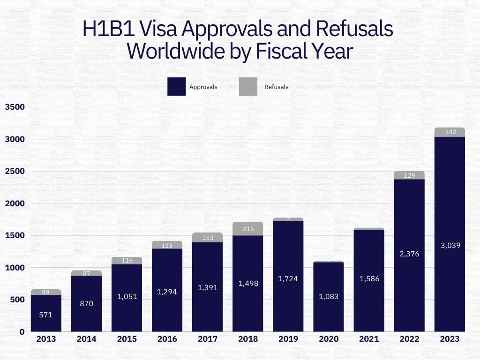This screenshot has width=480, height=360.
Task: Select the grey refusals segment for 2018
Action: (247, 229)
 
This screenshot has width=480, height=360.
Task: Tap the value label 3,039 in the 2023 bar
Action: (450, 245)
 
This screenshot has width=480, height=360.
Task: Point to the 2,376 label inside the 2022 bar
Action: (409, 254)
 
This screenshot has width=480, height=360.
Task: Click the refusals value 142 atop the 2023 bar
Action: (450, 132)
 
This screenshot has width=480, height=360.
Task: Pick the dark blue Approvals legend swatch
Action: (176, 87)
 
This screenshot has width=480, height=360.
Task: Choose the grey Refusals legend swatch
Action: (248, 87)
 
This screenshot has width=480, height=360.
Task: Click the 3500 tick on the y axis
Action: (15, 107)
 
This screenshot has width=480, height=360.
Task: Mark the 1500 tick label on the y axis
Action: (15, 235)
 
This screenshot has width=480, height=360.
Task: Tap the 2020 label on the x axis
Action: (328, 339)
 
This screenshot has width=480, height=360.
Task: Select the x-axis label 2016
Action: (167, 339)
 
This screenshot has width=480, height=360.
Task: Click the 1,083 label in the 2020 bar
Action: (329, 297)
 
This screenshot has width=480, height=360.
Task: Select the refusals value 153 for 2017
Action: (208, 238)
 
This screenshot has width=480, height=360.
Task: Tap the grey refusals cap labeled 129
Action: (409, 175)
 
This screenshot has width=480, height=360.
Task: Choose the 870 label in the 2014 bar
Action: (86, 304)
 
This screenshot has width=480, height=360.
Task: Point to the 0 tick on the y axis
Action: (22, 332)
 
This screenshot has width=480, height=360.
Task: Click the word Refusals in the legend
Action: (277, 87)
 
